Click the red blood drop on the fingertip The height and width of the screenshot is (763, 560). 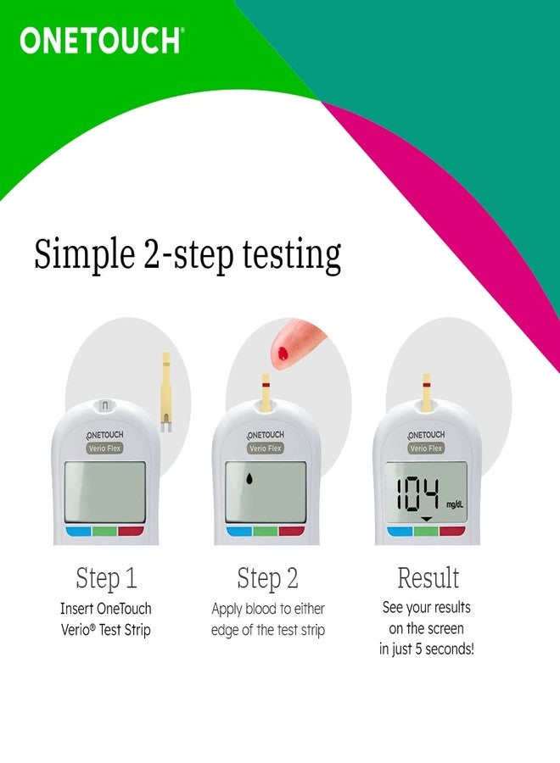(x=282, y=351)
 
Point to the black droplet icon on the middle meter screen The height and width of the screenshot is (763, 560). (x=249, y=481)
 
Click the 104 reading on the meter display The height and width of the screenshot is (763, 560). (x=417, y=493)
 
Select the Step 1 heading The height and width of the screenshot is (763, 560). (x=106, y=579)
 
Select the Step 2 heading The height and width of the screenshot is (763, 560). (x=267, y=579)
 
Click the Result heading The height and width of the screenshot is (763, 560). (x=428, y=579)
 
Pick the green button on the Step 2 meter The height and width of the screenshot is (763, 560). (x=266, y=532)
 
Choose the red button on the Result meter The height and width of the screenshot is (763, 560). (x=452, y=532)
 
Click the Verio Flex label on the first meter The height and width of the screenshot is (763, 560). (x=106, y=448)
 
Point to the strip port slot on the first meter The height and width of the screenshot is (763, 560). (x=106, y=405)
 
